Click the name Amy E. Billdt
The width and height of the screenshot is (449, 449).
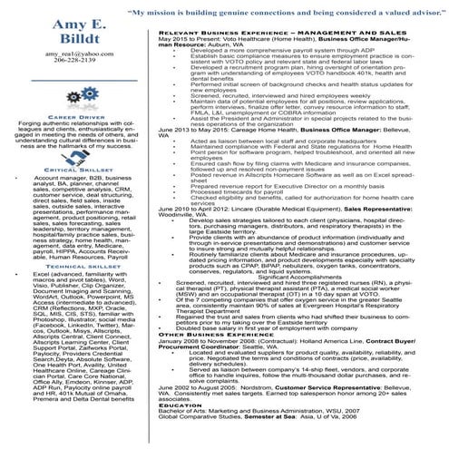(x=76, y=33)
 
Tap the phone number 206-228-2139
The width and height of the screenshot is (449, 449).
(x=76, y=63)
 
